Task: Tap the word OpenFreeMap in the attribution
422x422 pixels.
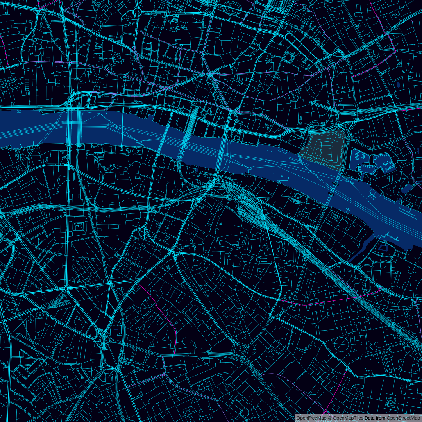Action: point(311,418)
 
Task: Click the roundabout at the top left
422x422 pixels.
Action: point(138,12)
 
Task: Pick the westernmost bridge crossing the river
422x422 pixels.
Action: point(70,127)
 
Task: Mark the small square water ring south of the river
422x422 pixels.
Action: point(383,247)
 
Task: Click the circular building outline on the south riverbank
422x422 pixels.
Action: point(303,199)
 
